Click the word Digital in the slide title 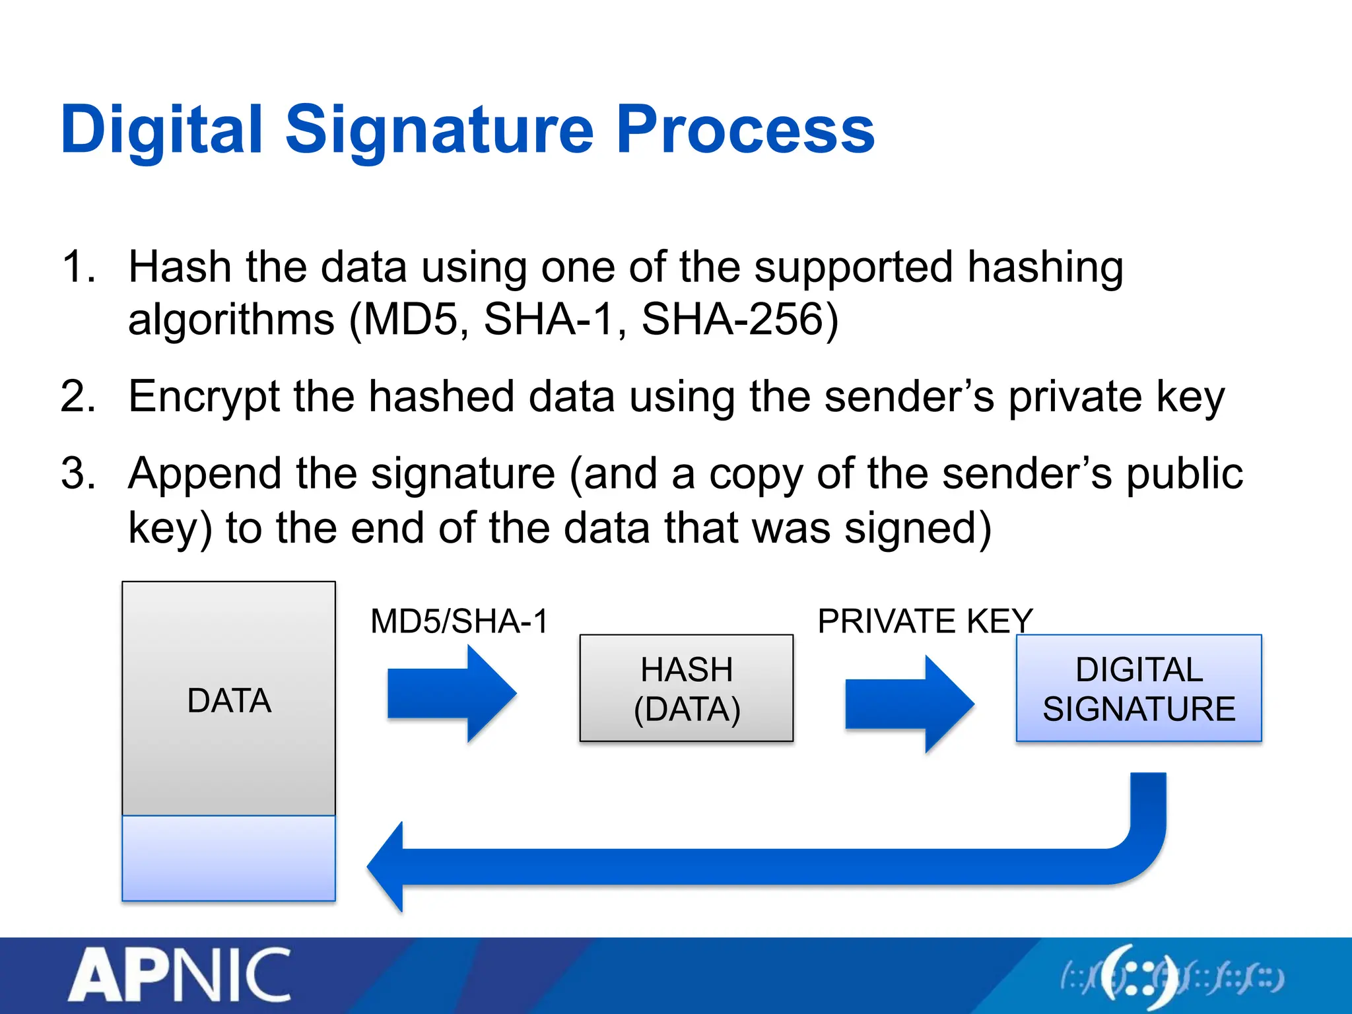161,130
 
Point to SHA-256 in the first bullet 733,320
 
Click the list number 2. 78,397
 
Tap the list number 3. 78,474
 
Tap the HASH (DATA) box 687,689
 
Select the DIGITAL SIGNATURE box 1139,689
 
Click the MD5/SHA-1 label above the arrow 459,622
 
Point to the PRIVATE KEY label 924,622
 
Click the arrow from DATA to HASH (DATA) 452,693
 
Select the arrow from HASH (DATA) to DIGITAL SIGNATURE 909,704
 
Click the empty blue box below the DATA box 228,858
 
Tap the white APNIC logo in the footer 180,975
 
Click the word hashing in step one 1044,268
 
